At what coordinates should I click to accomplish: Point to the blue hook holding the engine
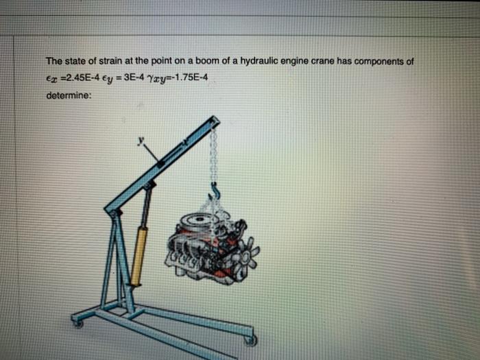(x=214, y=190)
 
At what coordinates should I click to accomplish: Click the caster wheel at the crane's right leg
(x=251, y=339)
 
